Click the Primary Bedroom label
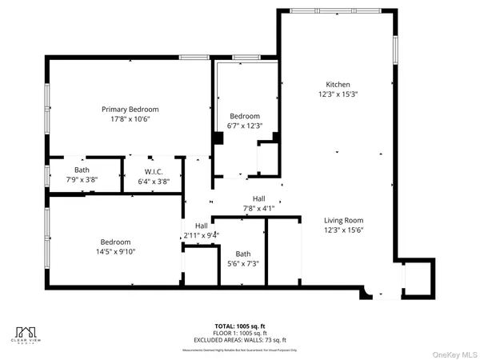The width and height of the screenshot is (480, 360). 130,109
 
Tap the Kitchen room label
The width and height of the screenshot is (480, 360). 337,84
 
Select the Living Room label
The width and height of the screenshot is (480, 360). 343,220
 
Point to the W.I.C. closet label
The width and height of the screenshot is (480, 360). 154,171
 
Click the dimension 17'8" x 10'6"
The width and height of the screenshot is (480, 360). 130,118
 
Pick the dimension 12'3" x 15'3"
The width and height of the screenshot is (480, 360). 337,94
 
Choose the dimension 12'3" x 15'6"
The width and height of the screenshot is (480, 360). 343,230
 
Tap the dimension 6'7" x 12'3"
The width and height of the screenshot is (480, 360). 244,126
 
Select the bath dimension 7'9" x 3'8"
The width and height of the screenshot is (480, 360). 82,180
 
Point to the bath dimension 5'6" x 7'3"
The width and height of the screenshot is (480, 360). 243,263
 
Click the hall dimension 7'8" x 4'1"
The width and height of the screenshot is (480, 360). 258,208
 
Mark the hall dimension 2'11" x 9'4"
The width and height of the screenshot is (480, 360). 201,235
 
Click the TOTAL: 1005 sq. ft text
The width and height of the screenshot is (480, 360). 239,326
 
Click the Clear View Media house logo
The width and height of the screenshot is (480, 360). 27,331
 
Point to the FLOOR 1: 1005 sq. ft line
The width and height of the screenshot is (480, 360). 239,334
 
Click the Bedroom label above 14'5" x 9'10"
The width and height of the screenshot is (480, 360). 115,242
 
